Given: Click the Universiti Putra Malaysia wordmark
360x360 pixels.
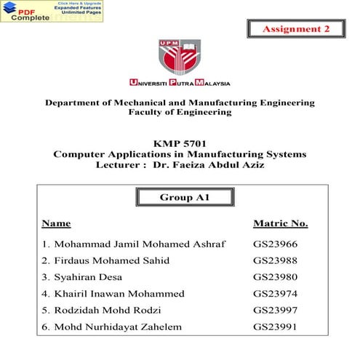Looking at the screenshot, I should point(180,83).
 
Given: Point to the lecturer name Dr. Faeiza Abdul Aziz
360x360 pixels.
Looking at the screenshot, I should point(209,165).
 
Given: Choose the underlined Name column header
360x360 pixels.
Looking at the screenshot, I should point(56,223).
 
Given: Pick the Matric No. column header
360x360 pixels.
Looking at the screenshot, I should point(280,223).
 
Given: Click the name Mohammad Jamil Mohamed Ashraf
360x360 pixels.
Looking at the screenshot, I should point(134,244).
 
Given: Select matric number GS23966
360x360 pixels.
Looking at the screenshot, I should point(276,244).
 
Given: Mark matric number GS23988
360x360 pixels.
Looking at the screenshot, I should point(276,260).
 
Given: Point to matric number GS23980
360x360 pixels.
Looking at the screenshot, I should point(276,277).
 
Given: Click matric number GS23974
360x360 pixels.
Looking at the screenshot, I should point(276,294).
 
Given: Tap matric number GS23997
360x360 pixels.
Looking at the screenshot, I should point(276,311).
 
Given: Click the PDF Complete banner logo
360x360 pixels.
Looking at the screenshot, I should point(51,11).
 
